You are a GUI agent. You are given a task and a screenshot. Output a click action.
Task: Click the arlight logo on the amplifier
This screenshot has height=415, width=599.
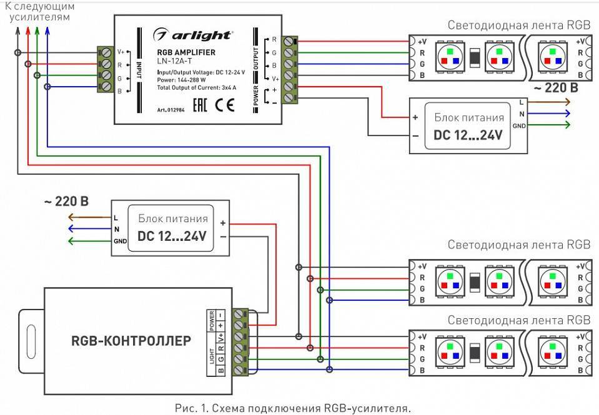[x=193, y=34]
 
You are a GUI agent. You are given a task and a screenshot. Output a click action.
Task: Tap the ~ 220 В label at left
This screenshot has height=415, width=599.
[x=66, y=202]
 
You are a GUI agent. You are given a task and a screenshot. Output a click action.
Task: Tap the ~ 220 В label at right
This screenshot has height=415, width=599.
[x=553, y=88]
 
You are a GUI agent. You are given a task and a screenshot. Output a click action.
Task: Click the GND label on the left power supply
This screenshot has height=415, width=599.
[x=121, y=242]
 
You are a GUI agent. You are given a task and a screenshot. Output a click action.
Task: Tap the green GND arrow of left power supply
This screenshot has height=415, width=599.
[x=87, y=242]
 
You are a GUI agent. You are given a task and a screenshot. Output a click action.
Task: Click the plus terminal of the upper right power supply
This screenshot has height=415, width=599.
[x=415, y=117]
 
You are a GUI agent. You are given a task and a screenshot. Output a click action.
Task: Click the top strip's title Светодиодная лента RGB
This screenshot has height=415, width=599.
[x=518, y=25]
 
